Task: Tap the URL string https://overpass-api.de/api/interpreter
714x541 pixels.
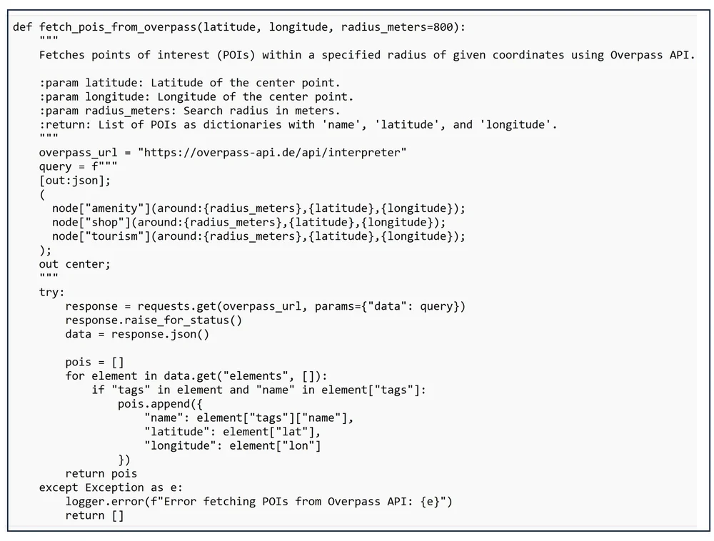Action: [271, 153]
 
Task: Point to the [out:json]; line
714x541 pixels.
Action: [75, 181]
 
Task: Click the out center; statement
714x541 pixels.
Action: [75, 264]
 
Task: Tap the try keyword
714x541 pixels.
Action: [51, 292]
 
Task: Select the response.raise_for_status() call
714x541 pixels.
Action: [154, 320]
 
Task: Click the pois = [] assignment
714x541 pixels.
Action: [94, 362]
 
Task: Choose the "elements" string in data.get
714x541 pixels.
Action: [264, 375]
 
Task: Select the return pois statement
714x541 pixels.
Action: [101, 473]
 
